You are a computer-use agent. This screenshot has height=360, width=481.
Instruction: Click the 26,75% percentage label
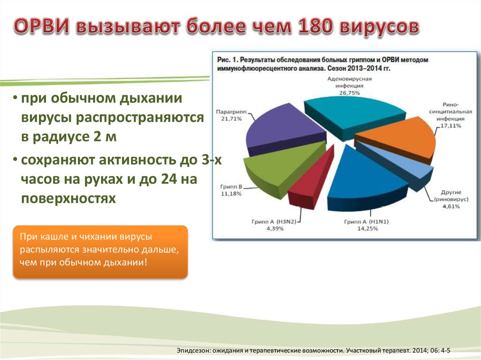(x=349, y=92)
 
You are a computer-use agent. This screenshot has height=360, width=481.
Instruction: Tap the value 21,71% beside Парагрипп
(x=232, y=119)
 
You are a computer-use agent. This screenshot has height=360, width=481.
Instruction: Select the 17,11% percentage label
(x=450, y=126)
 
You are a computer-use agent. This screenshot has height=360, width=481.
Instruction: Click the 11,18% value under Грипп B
(x=231, y=193)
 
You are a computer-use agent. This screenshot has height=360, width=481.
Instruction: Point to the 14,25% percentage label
(x=367, y=229)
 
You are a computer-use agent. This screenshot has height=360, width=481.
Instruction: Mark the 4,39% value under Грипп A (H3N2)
(x=274, y=229)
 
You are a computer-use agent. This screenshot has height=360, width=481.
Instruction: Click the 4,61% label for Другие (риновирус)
(x=451, y=207)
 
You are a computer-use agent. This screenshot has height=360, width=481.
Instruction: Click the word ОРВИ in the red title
(x=42, y=26)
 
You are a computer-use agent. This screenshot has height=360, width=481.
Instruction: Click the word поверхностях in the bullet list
(x=69, y=199)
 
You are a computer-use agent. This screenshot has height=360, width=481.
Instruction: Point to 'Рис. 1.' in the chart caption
(x=227, y=60)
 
